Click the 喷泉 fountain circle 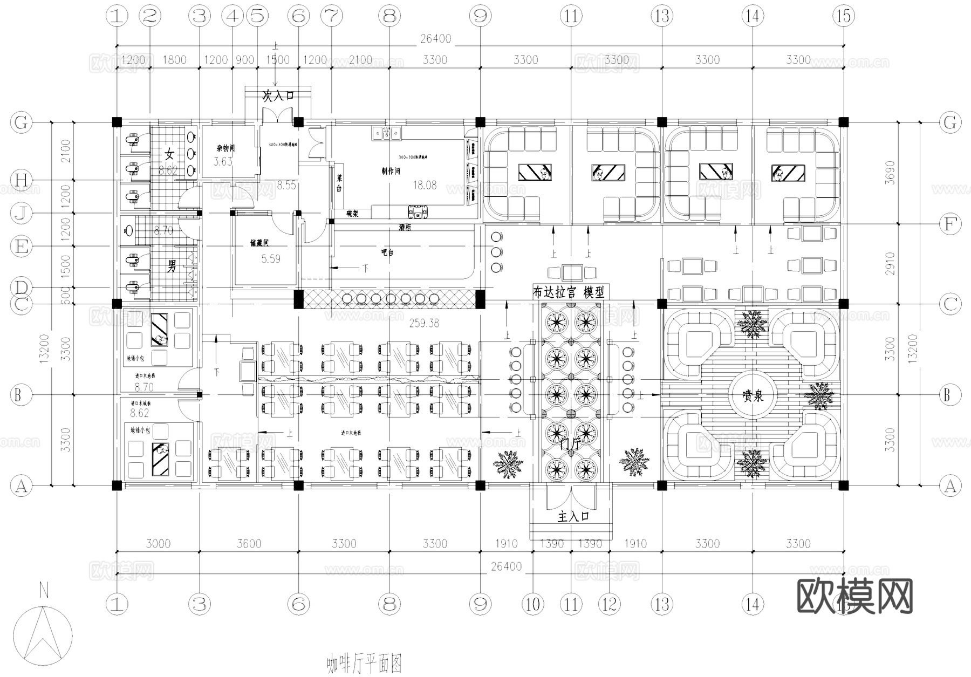click(753, 395)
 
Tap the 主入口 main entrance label click(573, 517)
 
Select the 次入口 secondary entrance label click(278, 96)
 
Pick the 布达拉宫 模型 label click(569, 292)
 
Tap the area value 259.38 click(424, 323)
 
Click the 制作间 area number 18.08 click(425, 185)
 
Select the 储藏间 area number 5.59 click(271, 259)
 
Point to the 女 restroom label click(170, 155)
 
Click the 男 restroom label click(172, 265)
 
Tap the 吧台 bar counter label click(387, 252)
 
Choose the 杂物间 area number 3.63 click(223, 161)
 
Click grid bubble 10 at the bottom click(532, 604)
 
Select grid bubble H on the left click(21, 180)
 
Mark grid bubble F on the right click(950, 224)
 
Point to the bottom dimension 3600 click(249, 543)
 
